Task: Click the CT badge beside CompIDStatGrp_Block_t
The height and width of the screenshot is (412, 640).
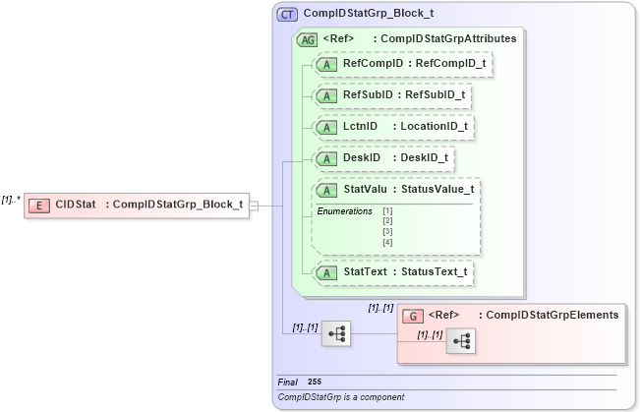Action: point(287,15)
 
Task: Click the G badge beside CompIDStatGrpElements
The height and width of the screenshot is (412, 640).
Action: point(414,316)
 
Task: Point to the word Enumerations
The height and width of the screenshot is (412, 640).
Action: point(344,211)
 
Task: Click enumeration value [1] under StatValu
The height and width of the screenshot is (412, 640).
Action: point(387,211)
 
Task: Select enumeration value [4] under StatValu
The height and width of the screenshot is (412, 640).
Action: point(387,242)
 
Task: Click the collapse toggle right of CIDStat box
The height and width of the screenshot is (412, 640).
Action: point(254,206)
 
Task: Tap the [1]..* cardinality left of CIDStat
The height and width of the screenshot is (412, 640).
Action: point(12,199)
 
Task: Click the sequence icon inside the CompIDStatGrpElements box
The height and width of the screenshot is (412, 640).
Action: point(459,341)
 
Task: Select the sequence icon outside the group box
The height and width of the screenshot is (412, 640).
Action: point(336,333)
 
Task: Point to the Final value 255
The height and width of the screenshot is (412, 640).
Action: point(314,382)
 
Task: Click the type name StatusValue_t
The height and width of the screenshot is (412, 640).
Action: point(436,189)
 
